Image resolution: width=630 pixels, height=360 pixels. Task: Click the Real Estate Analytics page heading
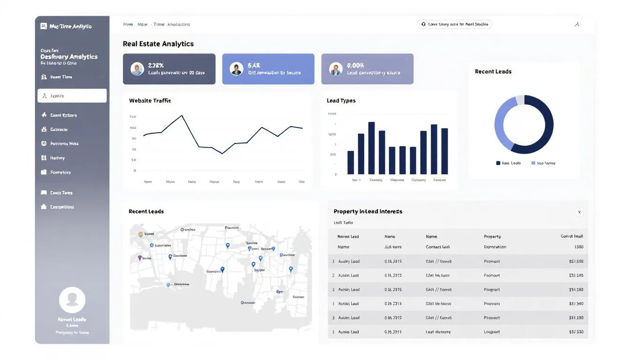tap(158, 44)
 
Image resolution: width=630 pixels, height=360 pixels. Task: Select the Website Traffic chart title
tap(150, 101)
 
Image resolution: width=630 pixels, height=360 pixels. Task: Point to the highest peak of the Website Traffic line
tap(182, 115)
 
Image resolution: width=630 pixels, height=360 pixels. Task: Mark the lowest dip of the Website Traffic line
tap(222, 153)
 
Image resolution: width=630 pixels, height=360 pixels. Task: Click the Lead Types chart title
tap(341, 101)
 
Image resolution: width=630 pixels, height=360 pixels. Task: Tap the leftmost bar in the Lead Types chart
tap(351, 162)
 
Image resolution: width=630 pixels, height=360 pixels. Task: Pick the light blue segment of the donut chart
tap(499, 124)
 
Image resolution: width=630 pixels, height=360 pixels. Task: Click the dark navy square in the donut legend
tap(498, 163)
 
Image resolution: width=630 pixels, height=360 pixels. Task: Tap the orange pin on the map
tap(141, 234)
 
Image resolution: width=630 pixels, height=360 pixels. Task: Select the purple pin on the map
tap(140, 258)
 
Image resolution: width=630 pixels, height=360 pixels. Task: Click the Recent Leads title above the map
tap(146, 211)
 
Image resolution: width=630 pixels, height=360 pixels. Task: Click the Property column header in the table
tap(492, 237)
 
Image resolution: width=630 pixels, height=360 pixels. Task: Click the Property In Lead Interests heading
tap(367, 211)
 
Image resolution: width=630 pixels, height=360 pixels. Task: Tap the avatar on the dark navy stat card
tap(137, 69)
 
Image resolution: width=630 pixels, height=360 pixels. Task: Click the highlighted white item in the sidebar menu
tap(72, 96)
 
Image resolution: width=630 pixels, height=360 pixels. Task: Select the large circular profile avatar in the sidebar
tap(72, 300)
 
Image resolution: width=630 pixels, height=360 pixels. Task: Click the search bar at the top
tap(454, 24)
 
